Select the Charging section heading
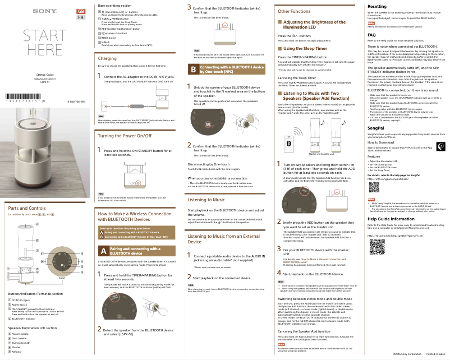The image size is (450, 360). [107, 58]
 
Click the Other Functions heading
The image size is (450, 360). [294, 11]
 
